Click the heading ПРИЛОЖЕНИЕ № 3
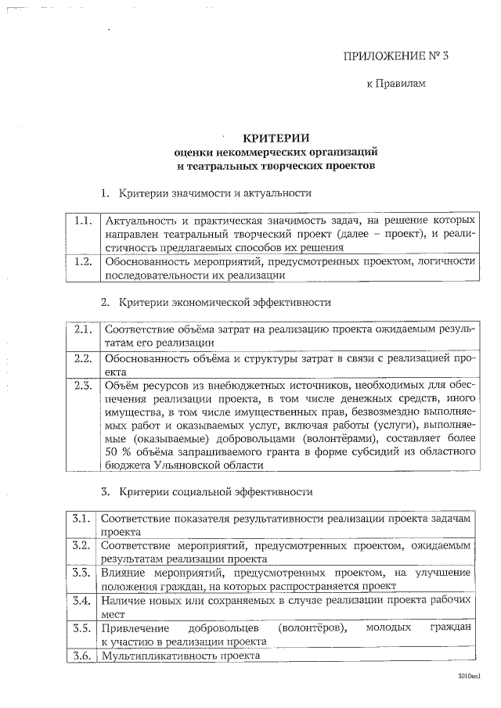[x=396, y=56]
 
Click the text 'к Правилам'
[x=396, y=84]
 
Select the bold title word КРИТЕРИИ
[x=276, y=138]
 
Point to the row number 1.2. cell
[x=82, y=261]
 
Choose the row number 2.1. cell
[x=82, y=329]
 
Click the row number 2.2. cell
[x=82, y=358]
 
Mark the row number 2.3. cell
[x=82, y=385]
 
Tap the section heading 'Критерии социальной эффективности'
[x=216, y=492]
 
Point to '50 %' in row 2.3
[x=118, y=451]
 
